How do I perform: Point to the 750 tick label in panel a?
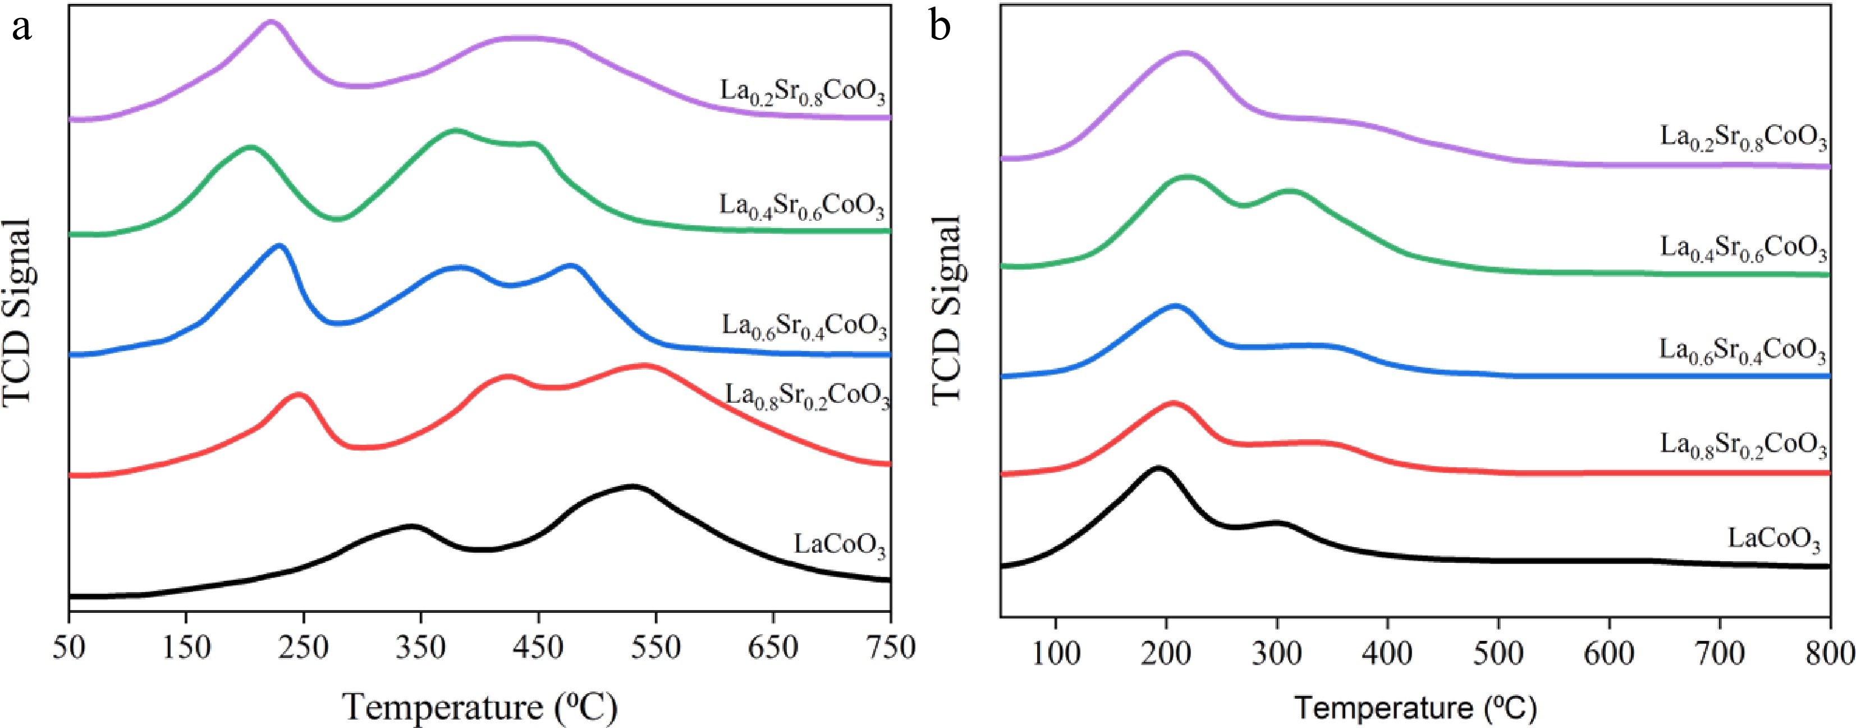pos(891,649)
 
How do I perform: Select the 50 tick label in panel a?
pos(68,649)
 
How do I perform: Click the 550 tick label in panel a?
pos(655,649)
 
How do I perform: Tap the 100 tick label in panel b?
pos(1056,654)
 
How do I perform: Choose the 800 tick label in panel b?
pos(1831,654)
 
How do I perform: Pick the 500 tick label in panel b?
pos(1498,654)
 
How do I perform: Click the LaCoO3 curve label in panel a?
pos(840,545)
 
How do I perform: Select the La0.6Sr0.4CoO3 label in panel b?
pos(1743,351)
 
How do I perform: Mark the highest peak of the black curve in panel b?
pos(1158,469)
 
